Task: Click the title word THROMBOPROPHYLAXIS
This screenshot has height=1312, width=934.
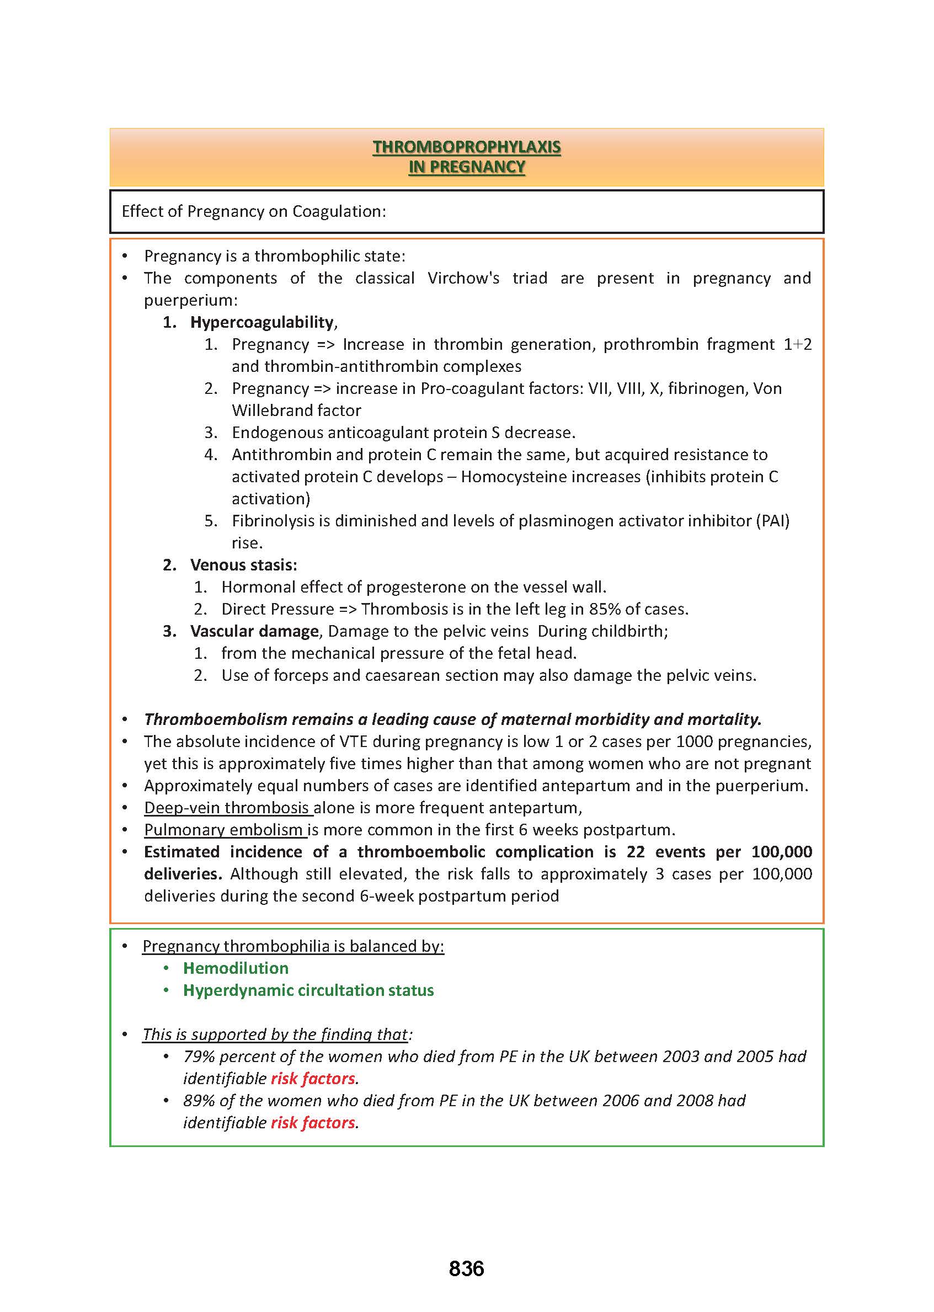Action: pyautogui.click(x=466, y=147)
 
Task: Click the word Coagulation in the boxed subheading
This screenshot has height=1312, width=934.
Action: pyautogui.click(x=339, y=212)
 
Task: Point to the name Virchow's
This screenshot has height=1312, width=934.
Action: pyautogui.click(x=463, y=279)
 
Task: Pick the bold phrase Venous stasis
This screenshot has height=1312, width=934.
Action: pyautogui.click(x=242, y=565)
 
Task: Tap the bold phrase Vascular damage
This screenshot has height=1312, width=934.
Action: pyautogui.click(x=254, y=631)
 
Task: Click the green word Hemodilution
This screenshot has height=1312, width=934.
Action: pyautogui.click(x=236, y=968)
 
